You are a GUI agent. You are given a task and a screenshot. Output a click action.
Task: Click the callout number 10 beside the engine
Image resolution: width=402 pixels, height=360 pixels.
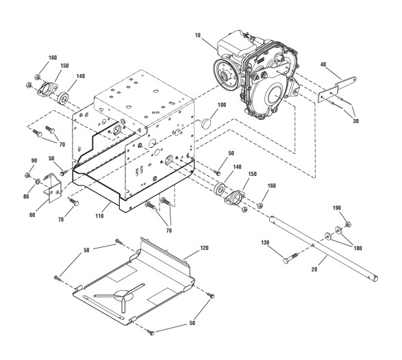coord(198,36)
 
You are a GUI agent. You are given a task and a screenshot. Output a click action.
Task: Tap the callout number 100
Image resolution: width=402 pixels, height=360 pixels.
coord(222,105)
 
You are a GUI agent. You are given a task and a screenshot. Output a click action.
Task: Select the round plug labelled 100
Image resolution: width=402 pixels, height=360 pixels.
coord(206,123)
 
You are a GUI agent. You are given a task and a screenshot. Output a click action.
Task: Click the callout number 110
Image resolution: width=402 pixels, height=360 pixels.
coord(99,216)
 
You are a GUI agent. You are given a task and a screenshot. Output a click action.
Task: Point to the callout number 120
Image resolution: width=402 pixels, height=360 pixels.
coord(204,248)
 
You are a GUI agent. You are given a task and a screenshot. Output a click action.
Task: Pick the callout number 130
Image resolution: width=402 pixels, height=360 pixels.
coord(265,242)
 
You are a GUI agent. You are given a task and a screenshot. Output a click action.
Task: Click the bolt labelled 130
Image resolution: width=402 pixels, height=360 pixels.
coord(290,258)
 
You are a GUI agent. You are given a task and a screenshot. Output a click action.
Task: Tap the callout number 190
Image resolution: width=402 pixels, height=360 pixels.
coord(337,208)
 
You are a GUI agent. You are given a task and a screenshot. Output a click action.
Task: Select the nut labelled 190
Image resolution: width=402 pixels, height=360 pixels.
coord(348,224)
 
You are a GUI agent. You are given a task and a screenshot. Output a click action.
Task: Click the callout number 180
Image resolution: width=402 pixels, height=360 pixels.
coord(357,248)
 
